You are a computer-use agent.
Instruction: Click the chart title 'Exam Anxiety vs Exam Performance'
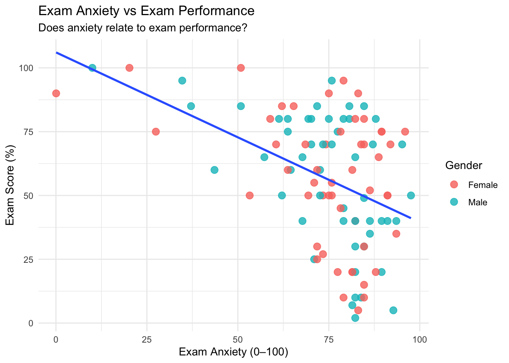[146, 11]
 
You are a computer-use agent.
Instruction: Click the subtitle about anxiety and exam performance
[143, 28]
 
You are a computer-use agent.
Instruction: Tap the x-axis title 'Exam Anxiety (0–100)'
[233, 352]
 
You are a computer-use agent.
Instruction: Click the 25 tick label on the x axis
[147, 339]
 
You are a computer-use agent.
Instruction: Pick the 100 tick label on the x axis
[419, 339]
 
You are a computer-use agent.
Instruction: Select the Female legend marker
[454, 185]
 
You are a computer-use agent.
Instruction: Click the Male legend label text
[478, 202]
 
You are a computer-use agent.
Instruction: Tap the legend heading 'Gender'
[464, 165]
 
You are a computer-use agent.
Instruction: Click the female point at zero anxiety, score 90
[56, 93]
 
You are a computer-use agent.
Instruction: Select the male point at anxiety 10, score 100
[92, 68]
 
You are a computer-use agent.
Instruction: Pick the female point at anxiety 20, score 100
[129, 68]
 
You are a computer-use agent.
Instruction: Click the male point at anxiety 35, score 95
[182, 81]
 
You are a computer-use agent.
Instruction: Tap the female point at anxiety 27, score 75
[156, 132]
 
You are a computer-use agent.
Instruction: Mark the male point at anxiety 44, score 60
[214, 170]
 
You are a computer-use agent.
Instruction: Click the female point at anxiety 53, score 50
[249, 195]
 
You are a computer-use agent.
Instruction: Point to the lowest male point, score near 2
[355, 318]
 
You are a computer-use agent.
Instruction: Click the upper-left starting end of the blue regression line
[57, 53]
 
